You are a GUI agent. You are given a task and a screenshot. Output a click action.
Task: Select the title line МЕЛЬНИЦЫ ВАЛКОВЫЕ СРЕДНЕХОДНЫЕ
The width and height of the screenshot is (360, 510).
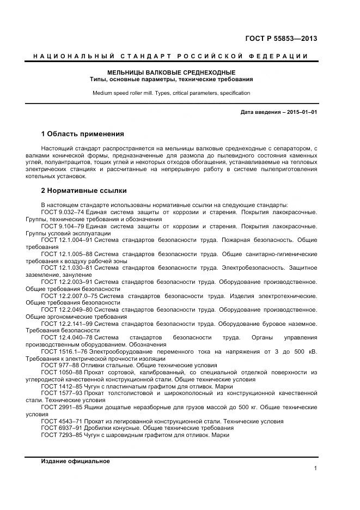point(171,72)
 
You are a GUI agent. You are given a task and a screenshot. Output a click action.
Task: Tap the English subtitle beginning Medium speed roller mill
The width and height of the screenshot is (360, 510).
point(171,93)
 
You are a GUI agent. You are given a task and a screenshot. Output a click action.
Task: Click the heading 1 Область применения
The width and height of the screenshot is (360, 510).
point(82,134)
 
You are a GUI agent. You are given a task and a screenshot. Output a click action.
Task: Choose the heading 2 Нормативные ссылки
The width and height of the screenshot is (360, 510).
point(84,191)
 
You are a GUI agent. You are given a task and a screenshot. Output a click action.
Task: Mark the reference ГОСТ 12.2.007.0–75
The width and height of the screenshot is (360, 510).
point(69,296)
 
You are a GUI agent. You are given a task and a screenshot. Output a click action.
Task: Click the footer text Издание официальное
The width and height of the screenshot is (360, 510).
point(75,462)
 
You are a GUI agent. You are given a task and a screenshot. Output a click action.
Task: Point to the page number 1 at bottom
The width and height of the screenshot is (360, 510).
point(315,469)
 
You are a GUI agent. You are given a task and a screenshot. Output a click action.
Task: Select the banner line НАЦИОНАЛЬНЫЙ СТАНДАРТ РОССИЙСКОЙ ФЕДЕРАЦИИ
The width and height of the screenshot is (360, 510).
point(171,57)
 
